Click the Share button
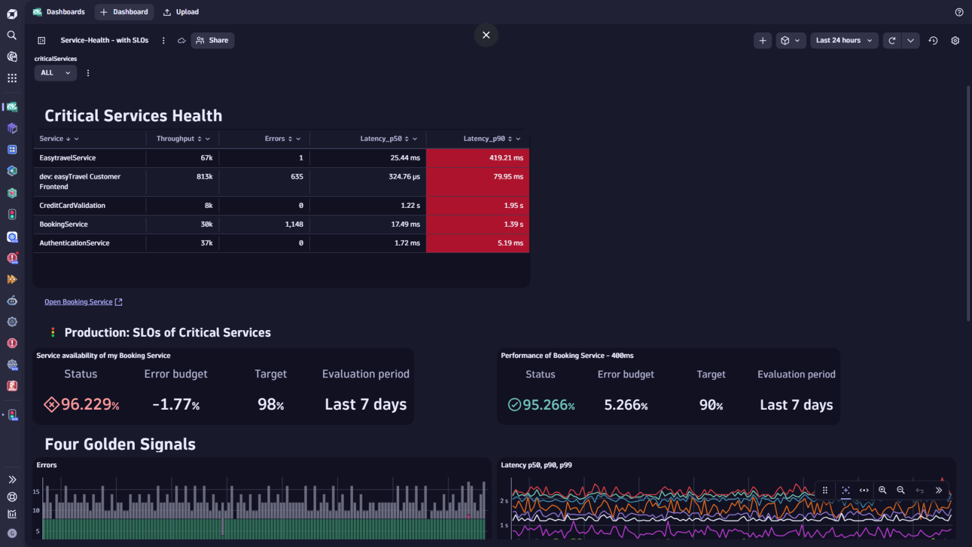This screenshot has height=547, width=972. [x=213, y=40]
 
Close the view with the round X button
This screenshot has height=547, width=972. [x=486, y=35]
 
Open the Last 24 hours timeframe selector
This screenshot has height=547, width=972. [x=844, y=40]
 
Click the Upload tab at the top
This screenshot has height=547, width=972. [x=181, y=12]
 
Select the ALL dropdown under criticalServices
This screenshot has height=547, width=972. [x=55, y=73]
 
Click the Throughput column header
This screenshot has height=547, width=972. [x=176, y=139]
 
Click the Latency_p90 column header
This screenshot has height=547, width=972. [x=484, y=139]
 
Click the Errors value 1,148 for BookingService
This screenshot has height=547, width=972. [x=294, y=224]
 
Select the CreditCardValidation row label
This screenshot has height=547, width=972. [x=72, y=205]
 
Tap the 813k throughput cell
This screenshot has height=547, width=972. [x=204, y=177]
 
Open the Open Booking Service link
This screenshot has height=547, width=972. [x=79, y=302]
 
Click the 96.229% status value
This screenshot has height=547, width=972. [x=89, y=404]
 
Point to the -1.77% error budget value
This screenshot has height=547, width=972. [x=176, y=404]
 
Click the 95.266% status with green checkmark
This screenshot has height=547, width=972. [x=548, y=405]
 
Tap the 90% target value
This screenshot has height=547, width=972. [x=711, y=405]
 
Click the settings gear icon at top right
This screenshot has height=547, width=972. [x=955, y=41]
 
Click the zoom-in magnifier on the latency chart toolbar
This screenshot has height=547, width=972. [x=882, y=490]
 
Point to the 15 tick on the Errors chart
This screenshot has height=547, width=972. [x=36, y=492]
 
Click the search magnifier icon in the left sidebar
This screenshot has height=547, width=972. [x=12, y=35]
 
